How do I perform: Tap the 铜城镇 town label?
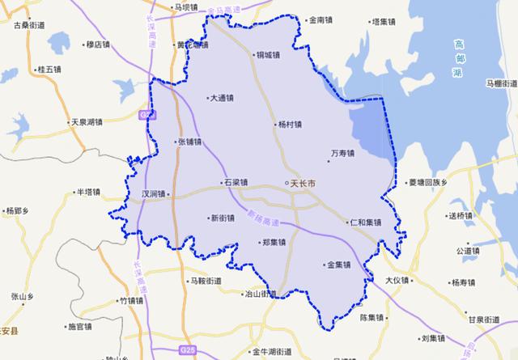268,56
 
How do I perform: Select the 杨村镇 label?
288,125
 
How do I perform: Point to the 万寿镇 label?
344,152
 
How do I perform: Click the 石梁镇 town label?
236,184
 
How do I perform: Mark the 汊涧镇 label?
154,194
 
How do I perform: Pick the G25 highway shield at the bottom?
187,349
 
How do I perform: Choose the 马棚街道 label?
499,83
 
